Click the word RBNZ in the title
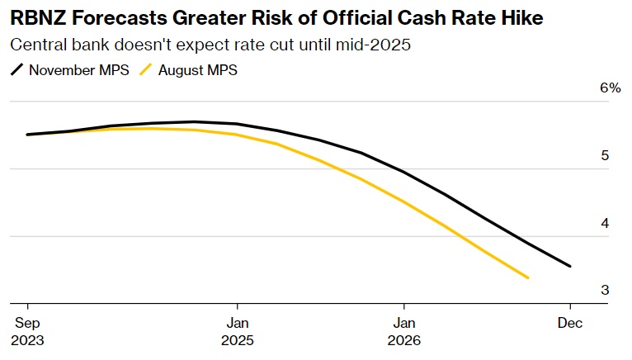(x=34, y=17)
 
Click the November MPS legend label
(x=78, y=70)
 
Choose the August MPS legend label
(x=199, y=70)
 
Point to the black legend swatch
(x=17, y=70)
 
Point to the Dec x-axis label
(x=570, y=323)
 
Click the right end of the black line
(x=570, y=266)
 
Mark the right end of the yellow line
(x=528, y=277)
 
